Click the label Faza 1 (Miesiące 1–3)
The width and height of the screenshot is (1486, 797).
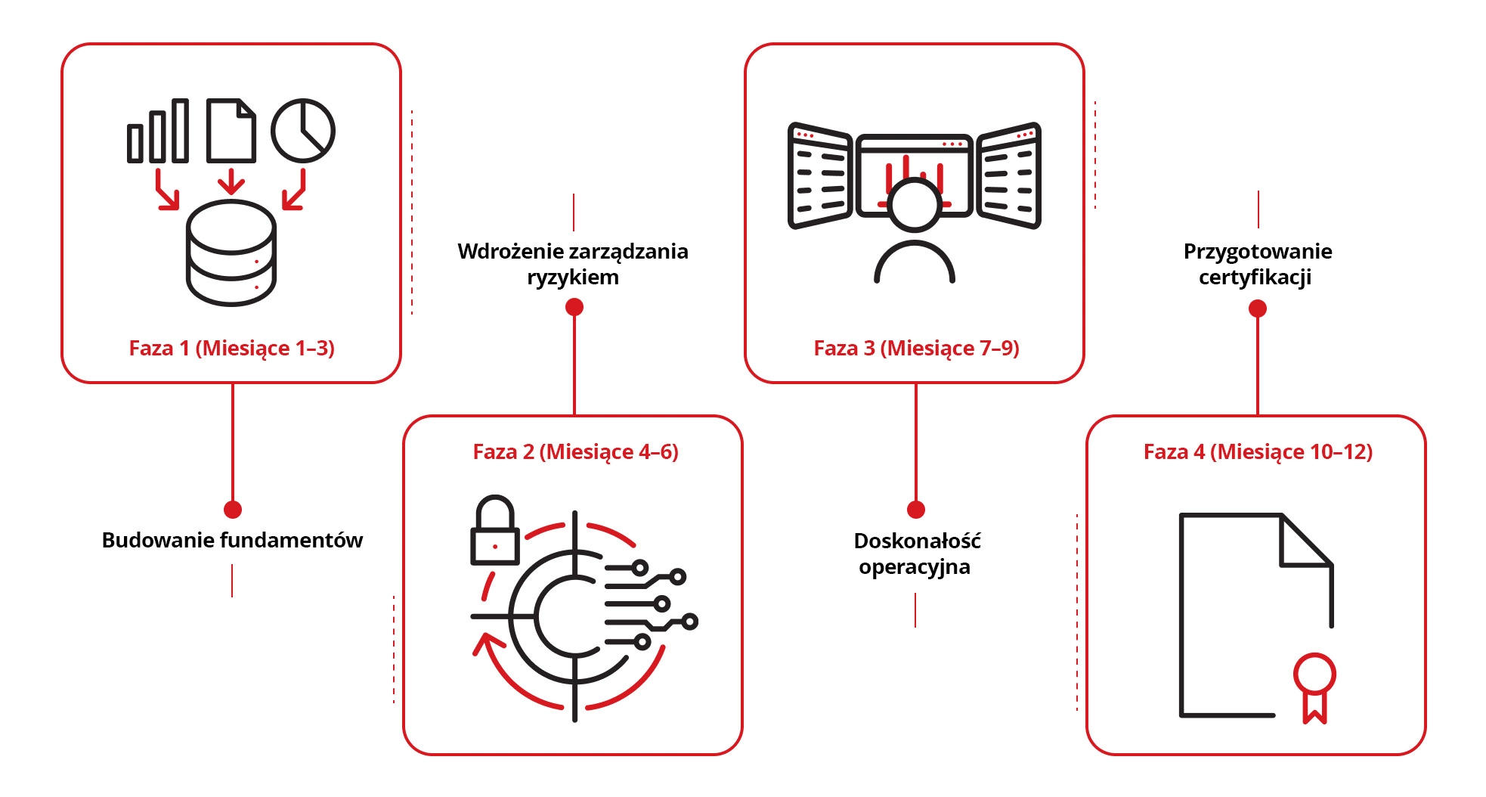231,348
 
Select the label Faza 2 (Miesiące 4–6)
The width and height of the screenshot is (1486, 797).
575,451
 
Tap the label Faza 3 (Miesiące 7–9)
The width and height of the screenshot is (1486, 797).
916,348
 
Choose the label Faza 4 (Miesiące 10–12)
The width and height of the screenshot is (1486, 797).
1258,451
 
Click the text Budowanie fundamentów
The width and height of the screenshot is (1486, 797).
232,540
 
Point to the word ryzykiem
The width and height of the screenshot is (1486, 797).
573,278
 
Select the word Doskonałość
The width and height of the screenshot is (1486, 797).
917,541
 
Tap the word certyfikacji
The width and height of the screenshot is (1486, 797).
1255,278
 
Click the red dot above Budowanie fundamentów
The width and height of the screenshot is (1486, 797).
233,510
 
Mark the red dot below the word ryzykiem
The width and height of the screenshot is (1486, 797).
574,307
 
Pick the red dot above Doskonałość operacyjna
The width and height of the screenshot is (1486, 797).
916,510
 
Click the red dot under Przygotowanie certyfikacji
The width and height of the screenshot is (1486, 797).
1258,309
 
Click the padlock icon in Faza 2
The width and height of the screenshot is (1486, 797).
495,533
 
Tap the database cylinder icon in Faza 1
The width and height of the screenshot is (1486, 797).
231,253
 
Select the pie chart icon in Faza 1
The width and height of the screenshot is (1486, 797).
302,131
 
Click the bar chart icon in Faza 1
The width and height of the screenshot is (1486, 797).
158,132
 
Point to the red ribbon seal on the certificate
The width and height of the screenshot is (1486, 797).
1314,684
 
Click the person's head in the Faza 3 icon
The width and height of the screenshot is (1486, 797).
915,204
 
